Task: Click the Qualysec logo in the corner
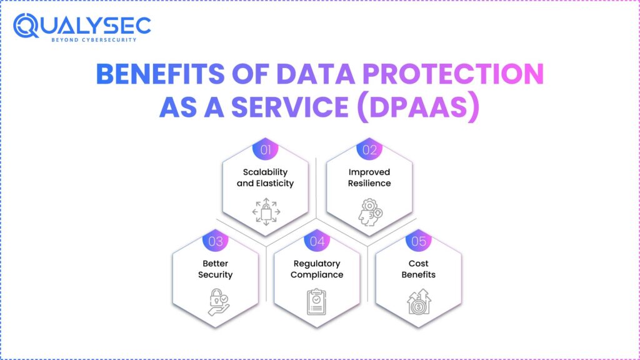[82, 26]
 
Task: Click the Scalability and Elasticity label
[267, 177]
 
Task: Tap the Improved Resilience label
[369, 177]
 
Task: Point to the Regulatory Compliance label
[317, 269]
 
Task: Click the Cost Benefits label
[419, 269]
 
